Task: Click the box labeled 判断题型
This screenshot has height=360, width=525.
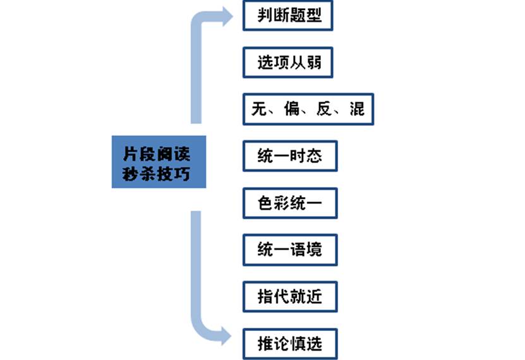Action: click(x=288, y=16)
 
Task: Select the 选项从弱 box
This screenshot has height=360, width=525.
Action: click(x=288, y=63)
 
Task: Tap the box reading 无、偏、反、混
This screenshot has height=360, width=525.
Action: click(x=308, y=109)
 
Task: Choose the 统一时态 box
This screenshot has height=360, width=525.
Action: click(x=290, y=156)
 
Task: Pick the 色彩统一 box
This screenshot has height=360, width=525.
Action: click(x=290, y=203)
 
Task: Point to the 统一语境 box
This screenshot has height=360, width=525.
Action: click(x=290, y=250)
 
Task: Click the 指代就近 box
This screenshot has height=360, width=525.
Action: click(x=290, y=297)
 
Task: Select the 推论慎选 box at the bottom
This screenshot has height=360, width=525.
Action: click(x=290, y=344)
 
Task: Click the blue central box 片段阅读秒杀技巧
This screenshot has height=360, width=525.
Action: click(x=159, y=162)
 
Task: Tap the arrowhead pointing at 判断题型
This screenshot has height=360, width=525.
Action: click(x=226, y=16)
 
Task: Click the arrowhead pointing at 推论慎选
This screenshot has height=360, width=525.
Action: click(x=226, y=335)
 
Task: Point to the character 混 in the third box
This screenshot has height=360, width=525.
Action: click(x=357, y=109)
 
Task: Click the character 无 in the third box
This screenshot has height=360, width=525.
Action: click(x=259, y=109)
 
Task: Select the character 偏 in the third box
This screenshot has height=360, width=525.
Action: click(x=292, y=109)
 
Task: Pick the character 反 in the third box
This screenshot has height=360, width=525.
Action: click(x=324, y=109)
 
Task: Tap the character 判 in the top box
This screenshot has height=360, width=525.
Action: click(x=265, y=15)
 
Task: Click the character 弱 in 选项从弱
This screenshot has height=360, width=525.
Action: click(x=314, y=63)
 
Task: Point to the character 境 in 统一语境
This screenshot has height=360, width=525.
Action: click(x=314, y=250)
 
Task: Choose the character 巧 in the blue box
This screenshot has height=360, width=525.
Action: click(x=182, y=174)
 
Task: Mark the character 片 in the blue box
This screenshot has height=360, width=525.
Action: click(x=131, y=153)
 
